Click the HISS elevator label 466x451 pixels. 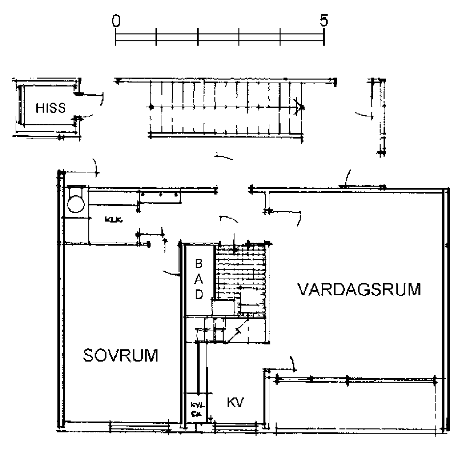click(x=51, y=108)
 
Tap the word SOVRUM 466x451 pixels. click(x=121, y=355)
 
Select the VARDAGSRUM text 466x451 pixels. click(x=360, y=289)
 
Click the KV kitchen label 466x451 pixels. click(x=235, y=402)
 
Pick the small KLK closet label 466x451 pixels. click(x=113, y=220)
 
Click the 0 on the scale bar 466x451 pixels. click(x=116, y=21)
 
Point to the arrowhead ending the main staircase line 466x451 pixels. click(x=298, y=107)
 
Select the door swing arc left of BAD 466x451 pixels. click(x=172, y=273)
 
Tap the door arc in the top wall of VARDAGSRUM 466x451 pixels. click(x=347, y=178)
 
